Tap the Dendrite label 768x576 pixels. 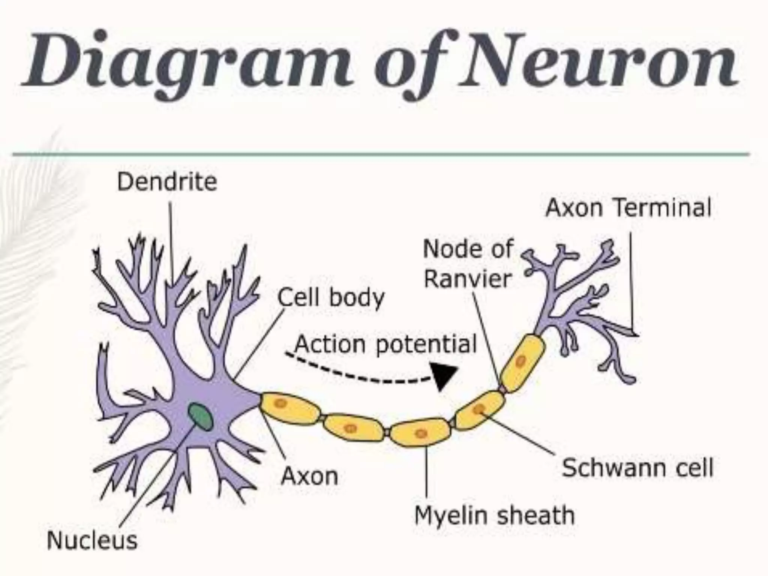167,182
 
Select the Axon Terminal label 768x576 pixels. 628,208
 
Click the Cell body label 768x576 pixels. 331,298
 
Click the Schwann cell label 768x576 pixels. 637,468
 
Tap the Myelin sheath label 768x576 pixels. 494,515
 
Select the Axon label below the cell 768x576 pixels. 309,476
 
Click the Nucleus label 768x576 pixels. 92,541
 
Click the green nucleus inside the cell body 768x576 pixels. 200,416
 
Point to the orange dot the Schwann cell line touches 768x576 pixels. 478,409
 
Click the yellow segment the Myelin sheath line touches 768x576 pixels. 420,433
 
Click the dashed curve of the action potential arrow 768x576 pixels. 356,375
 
